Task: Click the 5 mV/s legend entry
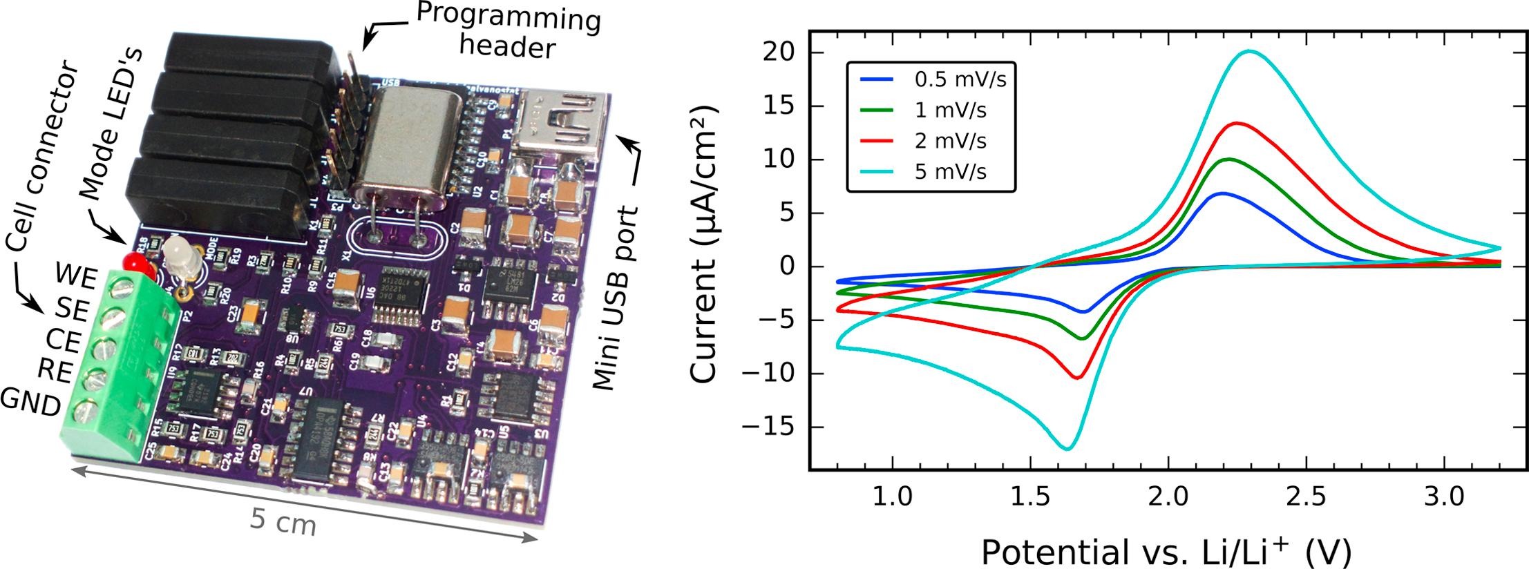951,171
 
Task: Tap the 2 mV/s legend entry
951,141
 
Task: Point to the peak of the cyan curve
1249,51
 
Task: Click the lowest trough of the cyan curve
1067,449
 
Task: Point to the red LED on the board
133,263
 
